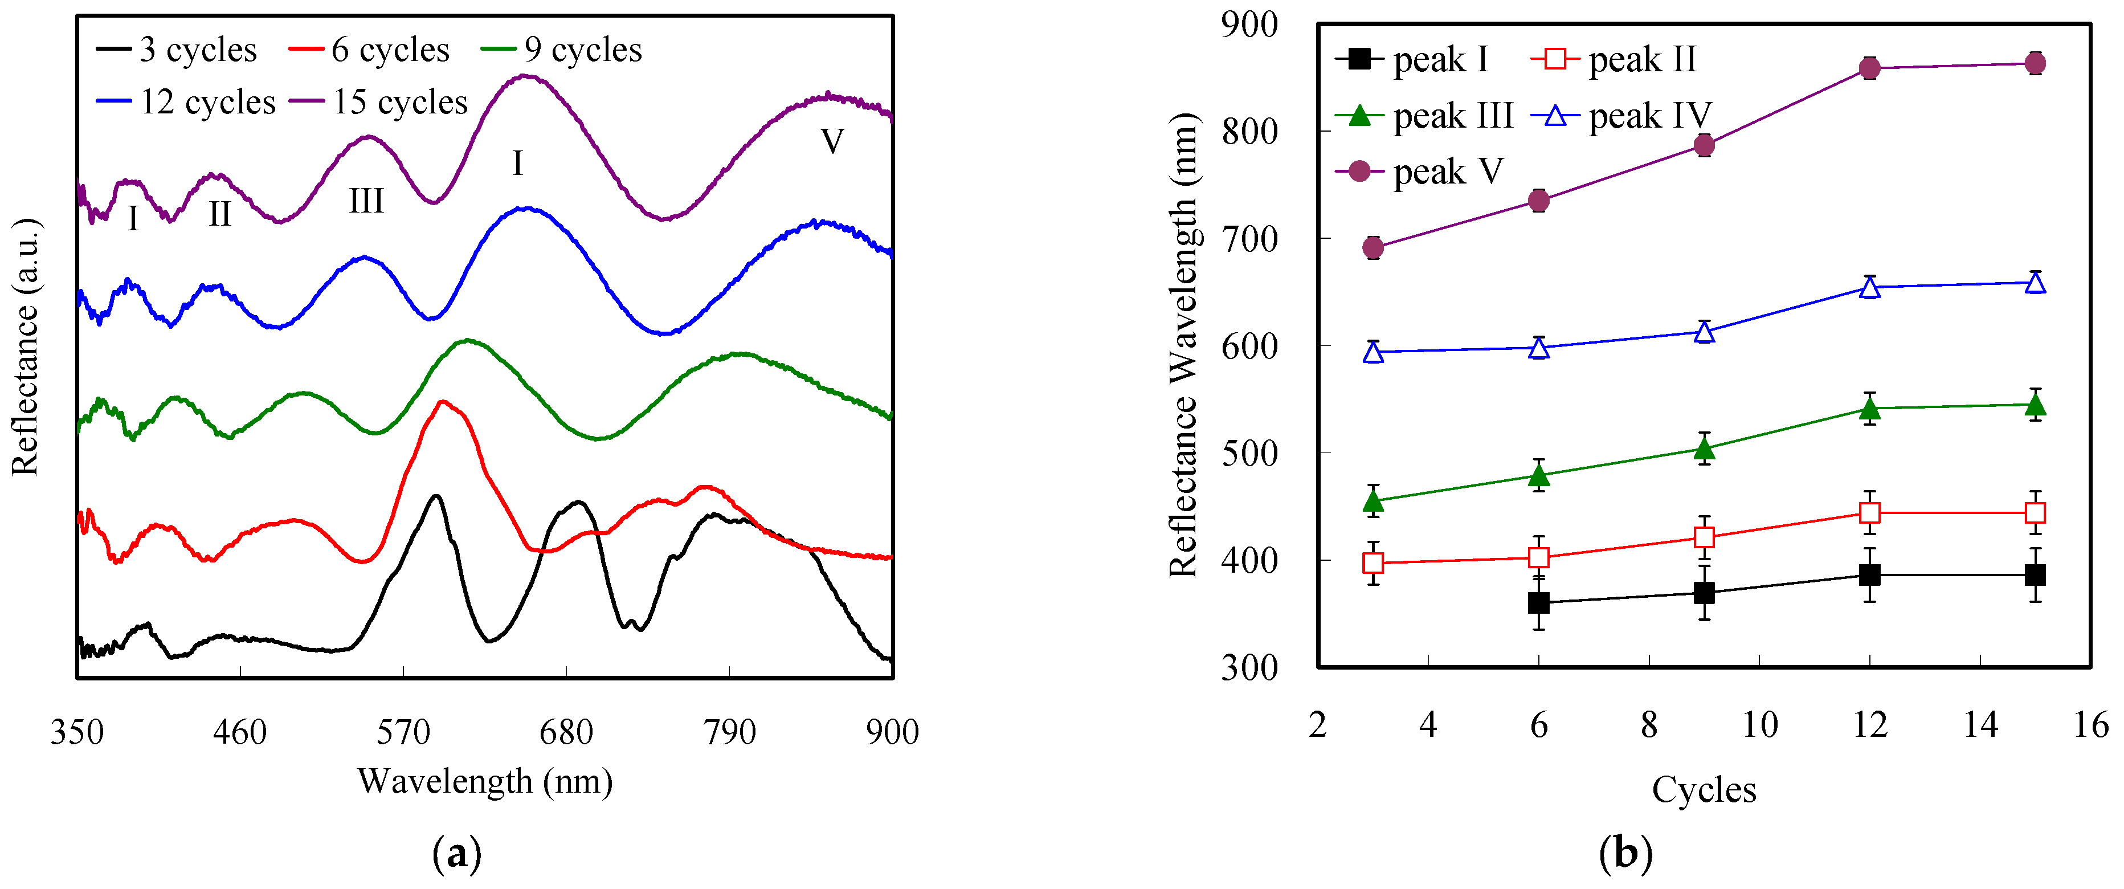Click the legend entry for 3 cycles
coord(177,50)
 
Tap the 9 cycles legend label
coord(562,50)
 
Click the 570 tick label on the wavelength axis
coord(403,732)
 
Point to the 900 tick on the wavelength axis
coord(892,732)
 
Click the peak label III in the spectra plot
coord(366,201)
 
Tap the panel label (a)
coord(456,854)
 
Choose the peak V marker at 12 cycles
coord(1869,68)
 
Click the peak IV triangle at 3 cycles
coord(1373,353)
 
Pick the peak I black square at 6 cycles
coord(1538,603)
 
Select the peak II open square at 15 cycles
coord(2035,513)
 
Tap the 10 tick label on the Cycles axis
coord(1759,725)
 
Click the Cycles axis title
coord(1704,790)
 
